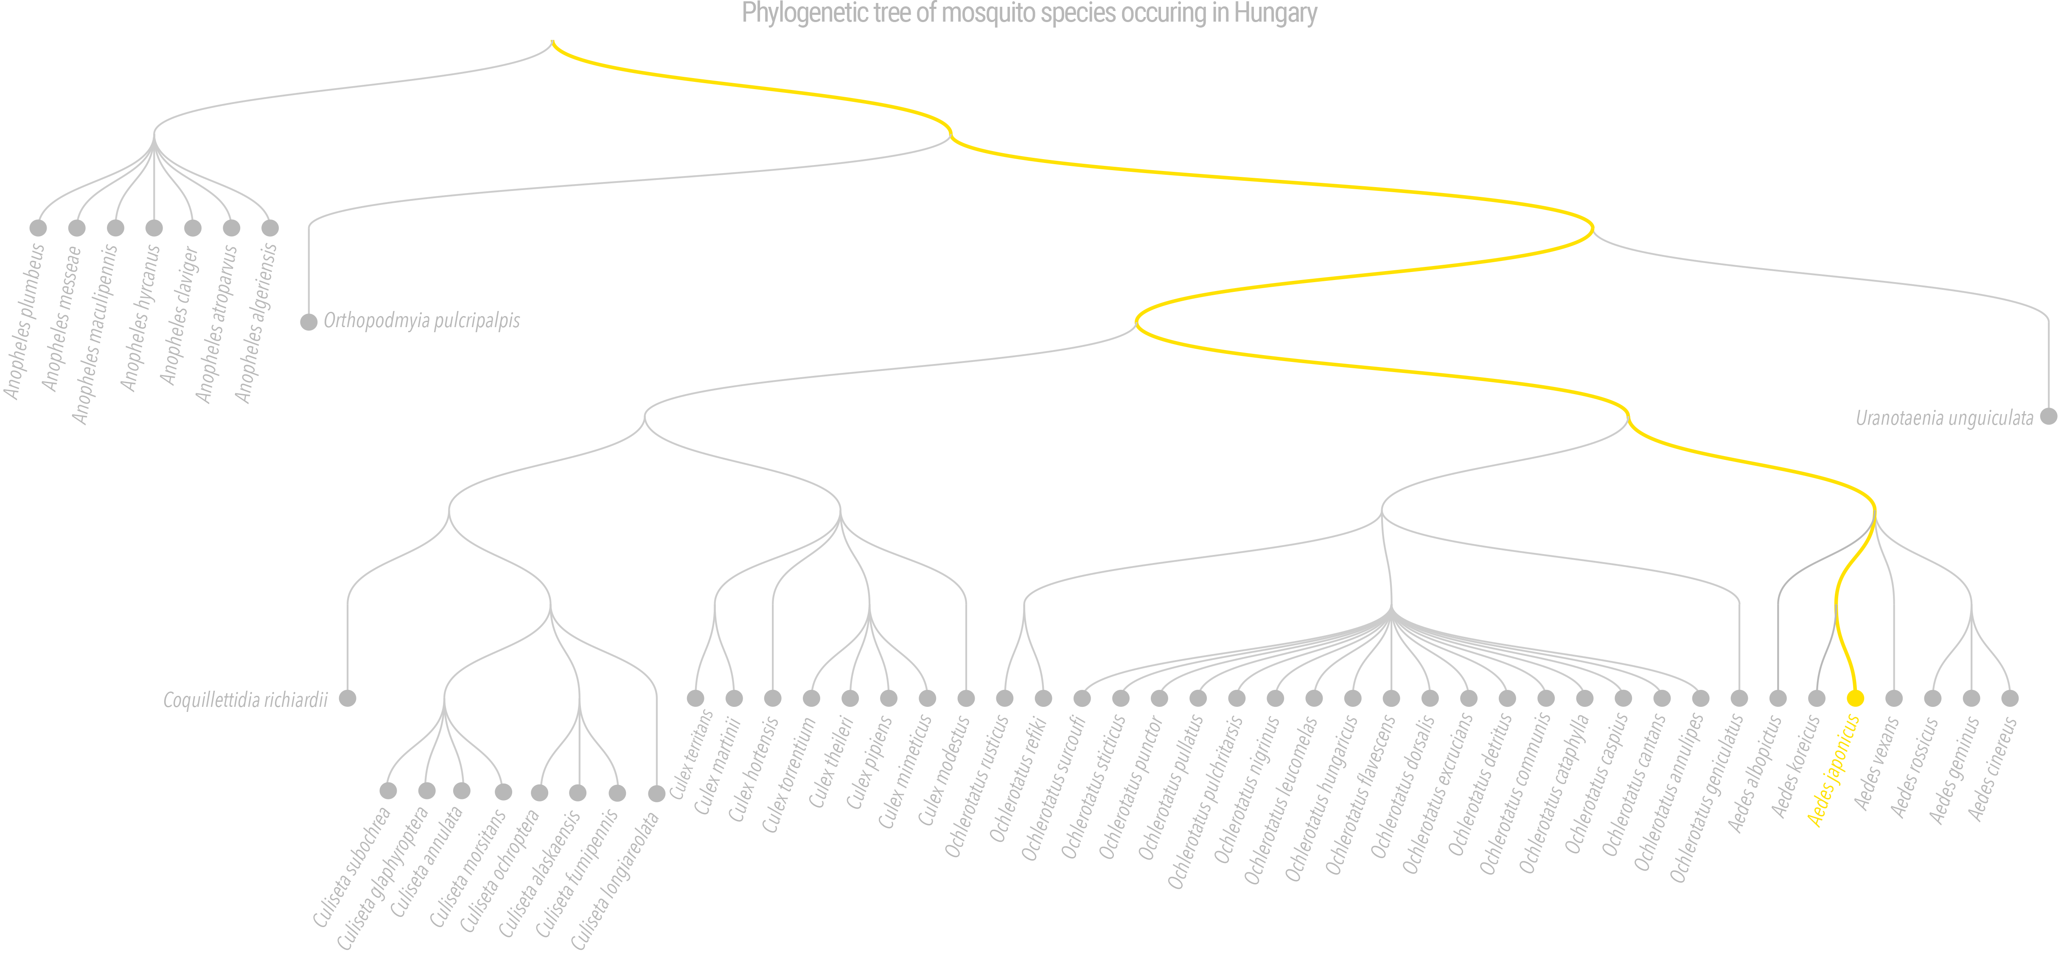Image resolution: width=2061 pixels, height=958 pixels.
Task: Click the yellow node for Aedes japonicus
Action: pyautogui.click(x=1855, y=698)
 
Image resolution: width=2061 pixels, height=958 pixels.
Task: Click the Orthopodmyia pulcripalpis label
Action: pyautogui.click(x=422, y=321)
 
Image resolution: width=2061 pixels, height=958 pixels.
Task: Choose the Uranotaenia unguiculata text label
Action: pyautogui.click(x=1944, y=417)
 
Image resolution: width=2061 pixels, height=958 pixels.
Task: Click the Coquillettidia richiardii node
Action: pyautogui.click(x=347, y=698)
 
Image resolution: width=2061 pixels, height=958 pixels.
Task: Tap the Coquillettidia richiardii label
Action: pyautogui.click(x=246, y=700)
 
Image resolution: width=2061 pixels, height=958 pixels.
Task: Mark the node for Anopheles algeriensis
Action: pyautogui.click(x=270, y=228)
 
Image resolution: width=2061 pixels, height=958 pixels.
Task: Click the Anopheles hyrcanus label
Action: pyautogui.click(x=140, y=317)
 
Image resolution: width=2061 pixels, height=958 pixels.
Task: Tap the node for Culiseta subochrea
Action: pyautogui.click(x=388, y=791)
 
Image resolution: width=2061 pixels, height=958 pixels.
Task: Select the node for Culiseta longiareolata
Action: pyautogui.click(x=657, y=793)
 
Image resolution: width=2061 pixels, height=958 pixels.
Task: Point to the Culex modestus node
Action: pyautogui.click(x=967, y=698)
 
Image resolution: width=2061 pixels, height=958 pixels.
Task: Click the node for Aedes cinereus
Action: pyautogui.click(x=2010, y=698)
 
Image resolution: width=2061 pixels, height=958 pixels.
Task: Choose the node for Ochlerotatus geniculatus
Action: pyautogui.click(x=1739, y=698)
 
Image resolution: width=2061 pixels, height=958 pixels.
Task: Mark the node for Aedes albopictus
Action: pyautogui.click(x=1778, y=698)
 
